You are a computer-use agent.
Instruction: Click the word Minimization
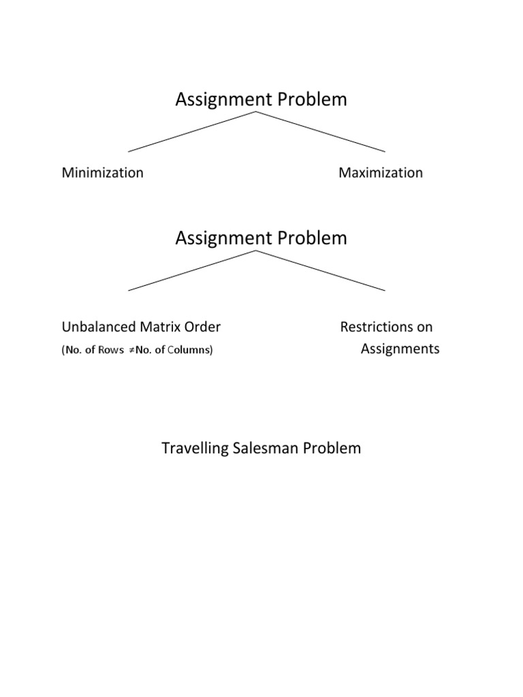[x=103, y=173]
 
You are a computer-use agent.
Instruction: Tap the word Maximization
[x=381, y=173]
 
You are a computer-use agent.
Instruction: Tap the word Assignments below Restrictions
[x=400, y=349]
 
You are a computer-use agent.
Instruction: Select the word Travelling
[x=193, y=449]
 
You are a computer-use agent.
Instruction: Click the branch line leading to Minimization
[x=191, y=131]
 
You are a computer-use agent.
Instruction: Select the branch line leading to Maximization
[x=320, y=131]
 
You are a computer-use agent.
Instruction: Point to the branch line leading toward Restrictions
[x=320, y=270]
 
